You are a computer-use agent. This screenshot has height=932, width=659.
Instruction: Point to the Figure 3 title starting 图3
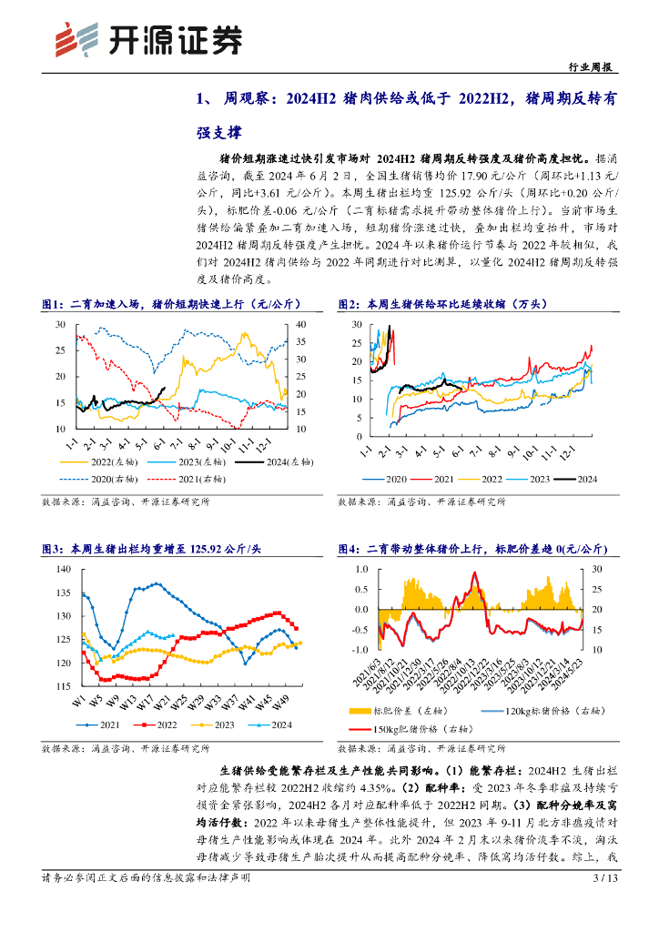coord(152,550)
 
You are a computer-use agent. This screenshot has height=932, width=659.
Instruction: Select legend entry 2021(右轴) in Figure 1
coord(183,478)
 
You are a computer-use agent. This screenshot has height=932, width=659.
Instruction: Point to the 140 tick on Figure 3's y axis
coord(63,569)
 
